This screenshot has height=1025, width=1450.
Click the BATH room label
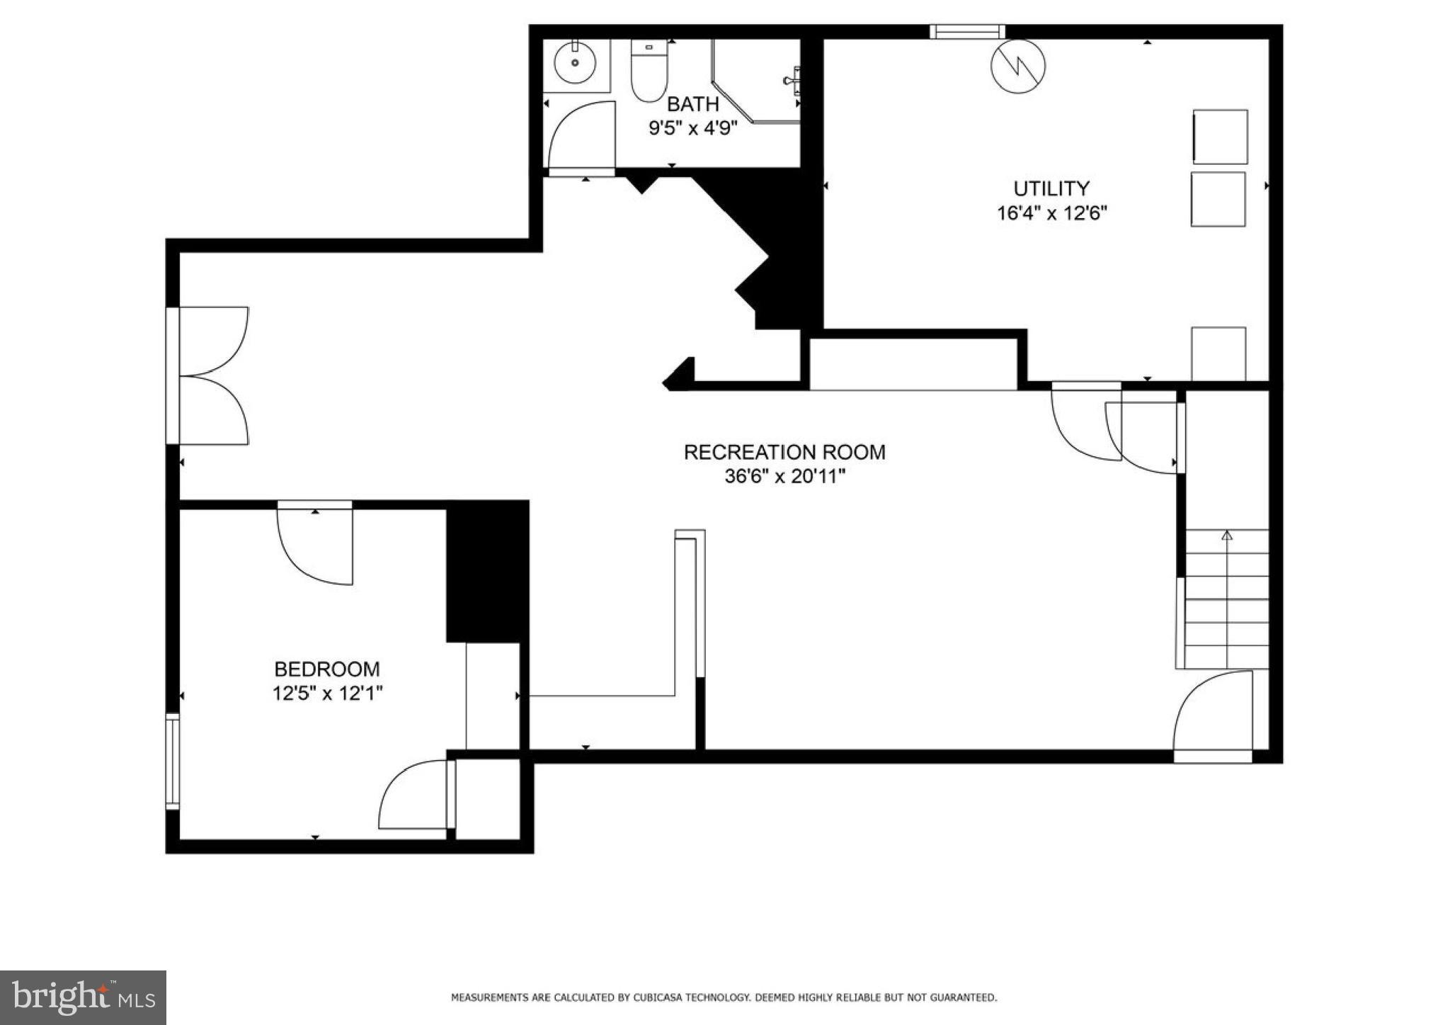point(692,104)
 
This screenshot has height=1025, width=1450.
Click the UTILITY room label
point(1051,188)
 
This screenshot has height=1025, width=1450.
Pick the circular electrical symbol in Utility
point(1017,67)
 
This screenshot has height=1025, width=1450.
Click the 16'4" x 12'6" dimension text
point(1051,213)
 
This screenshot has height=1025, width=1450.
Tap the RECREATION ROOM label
point(784,452)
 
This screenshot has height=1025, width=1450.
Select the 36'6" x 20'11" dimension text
point(784,477)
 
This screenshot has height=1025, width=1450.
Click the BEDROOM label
point(326,669)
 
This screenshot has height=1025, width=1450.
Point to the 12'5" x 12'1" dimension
point(327,693)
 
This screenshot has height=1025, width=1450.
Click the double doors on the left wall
point(212,375)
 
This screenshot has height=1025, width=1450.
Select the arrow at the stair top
point(1227,535)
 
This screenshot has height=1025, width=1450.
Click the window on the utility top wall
point(967,31)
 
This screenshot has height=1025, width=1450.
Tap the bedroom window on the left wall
point(172,761)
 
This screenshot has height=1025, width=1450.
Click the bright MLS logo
point(83,997)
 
